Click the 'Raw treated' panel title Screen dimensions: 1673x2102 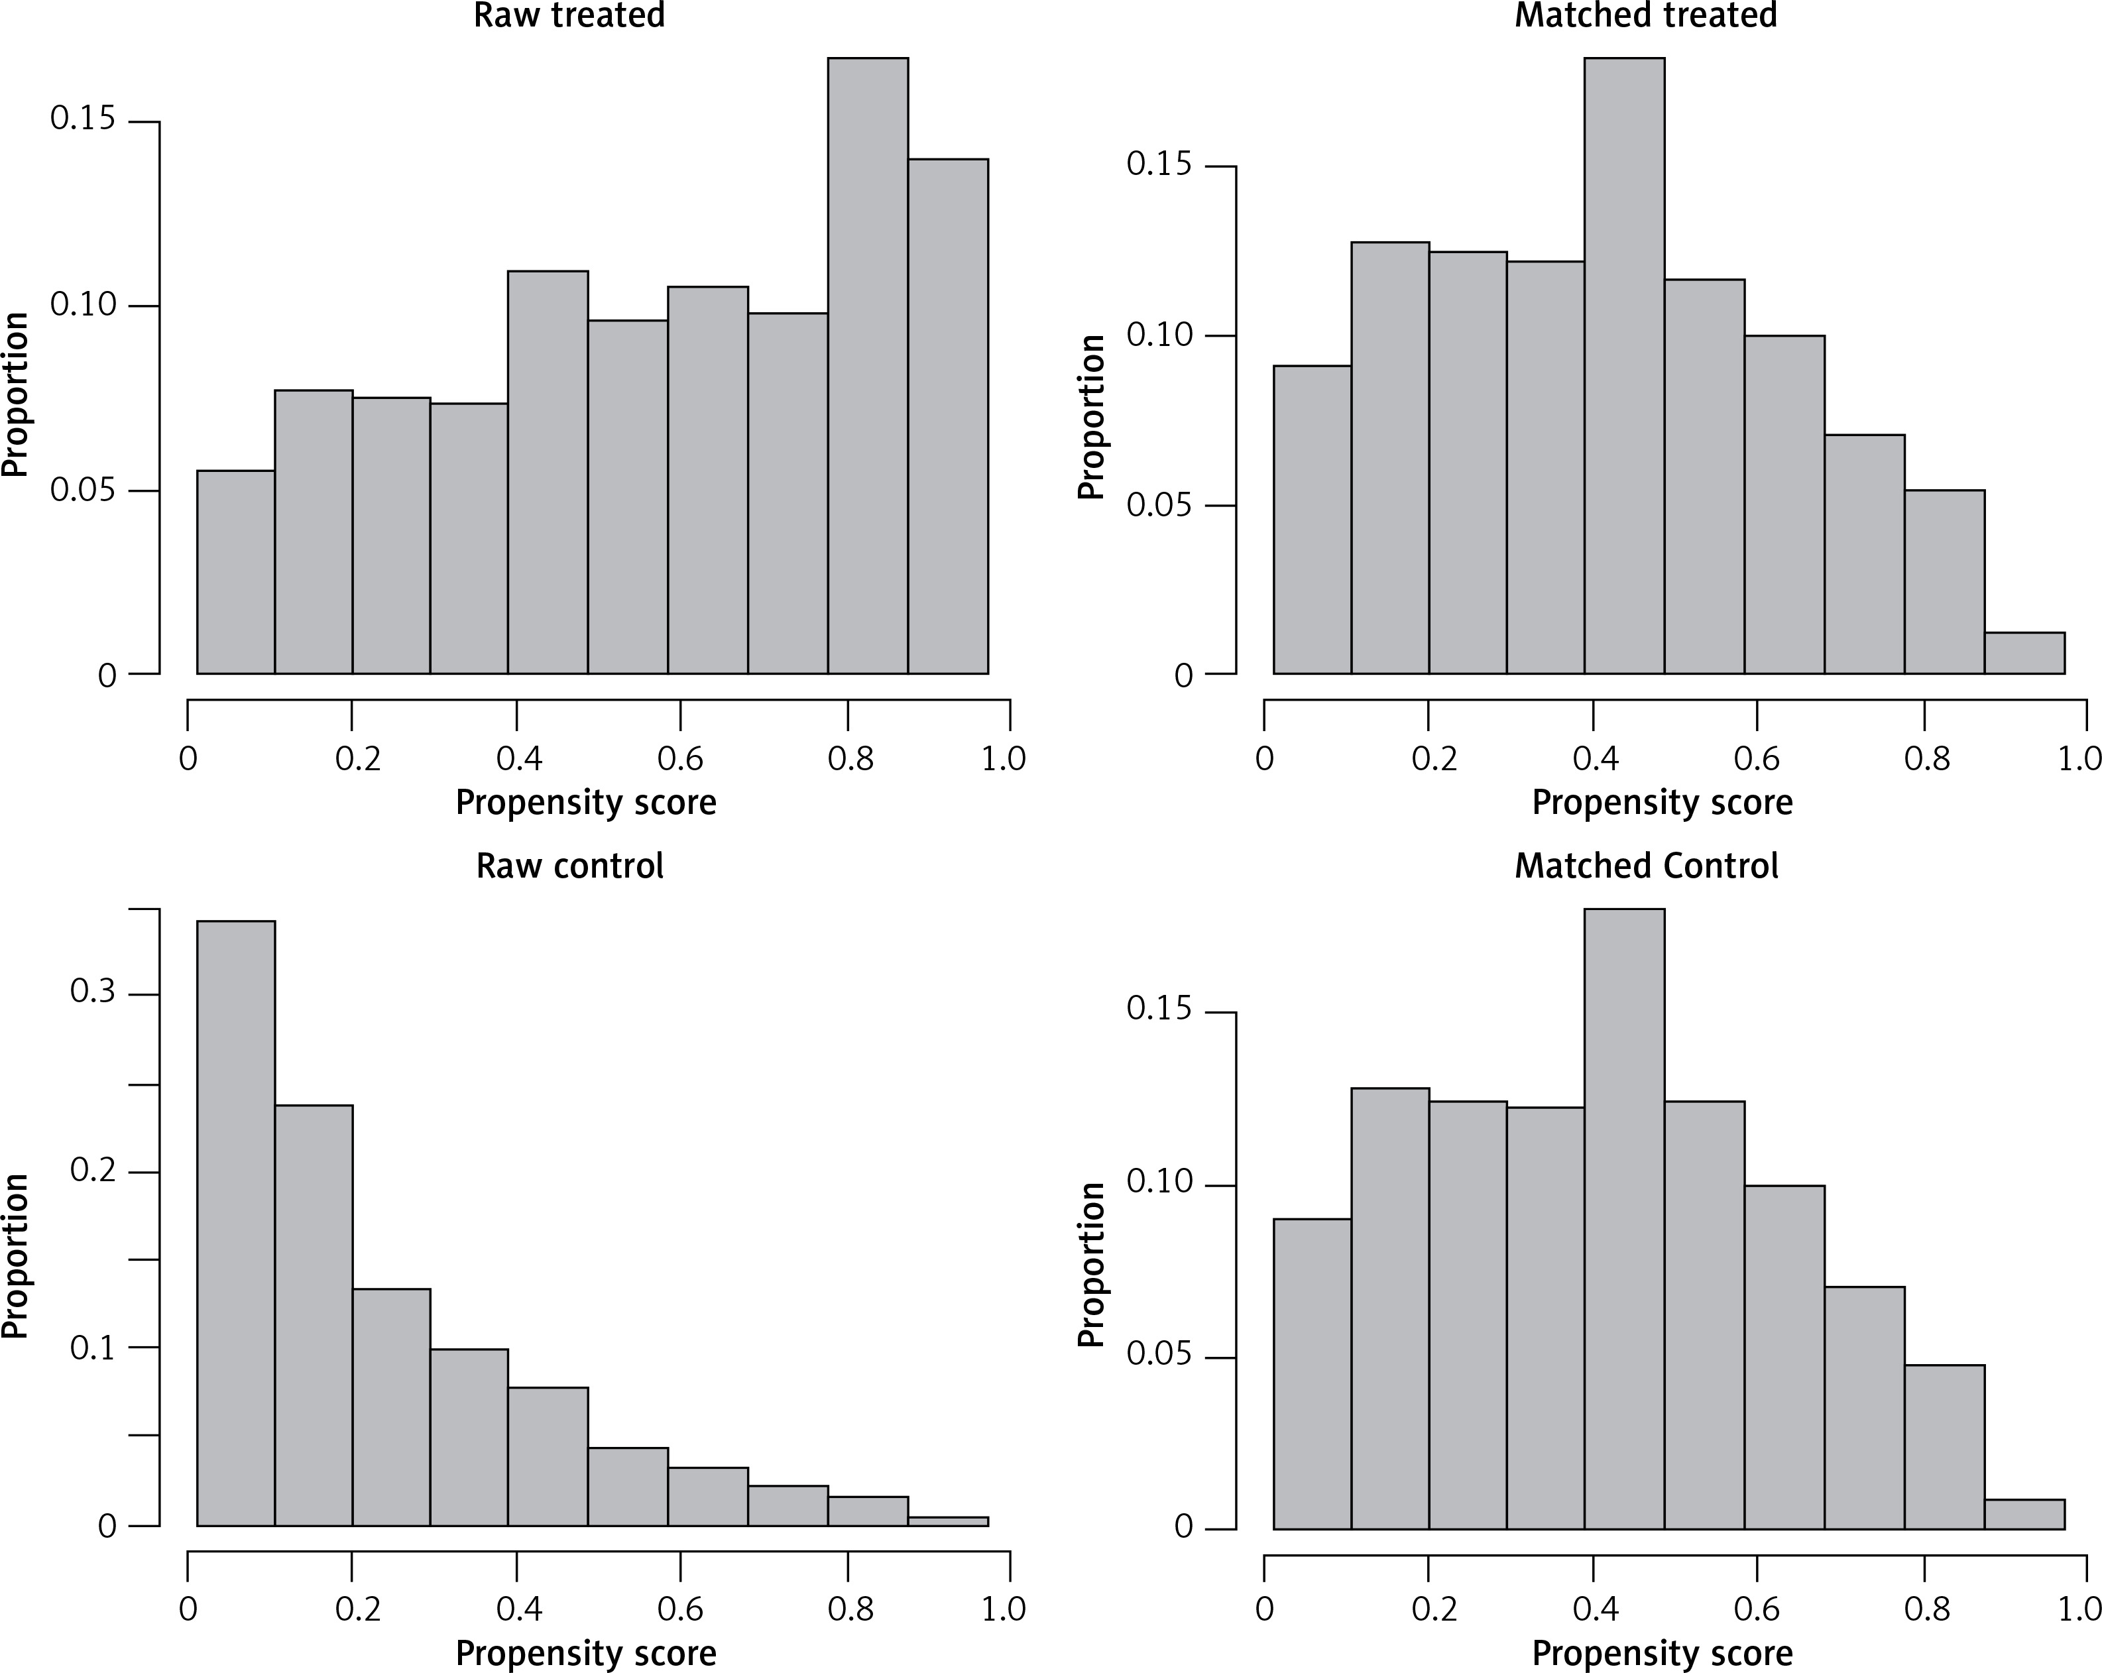click(569, 16)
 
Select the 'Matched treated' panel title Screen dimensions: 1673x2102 click(1646, 16)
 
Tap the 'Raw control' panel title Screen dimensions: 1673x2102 click(569, 866)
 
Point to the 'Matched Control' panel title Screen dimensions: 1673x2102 click(1646, 866)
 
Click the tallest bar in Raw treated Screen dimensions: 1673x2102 click(868, 366)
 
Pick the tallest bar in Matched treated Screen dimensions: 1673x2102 click(1624, 366)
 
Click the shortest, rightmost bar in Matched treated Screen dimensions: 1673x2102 click(2024, 653)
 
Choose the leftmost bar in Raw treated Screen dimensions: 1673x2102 click(236, 572)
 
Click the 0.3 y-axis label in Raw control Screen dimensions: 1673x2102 click(93, 992)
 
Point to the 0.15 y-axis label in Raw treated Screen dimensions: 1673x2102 click(83, 119)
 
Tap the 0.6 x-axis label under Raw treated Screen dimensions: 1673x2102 click(679, 758)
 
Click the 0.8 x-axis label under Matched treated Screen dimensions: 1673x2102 click(1926, 758)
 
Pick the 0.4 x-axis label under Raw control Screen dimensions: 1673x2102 click(518, 1609)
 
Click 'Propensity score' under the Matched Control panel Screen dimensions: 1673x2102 click(1663, 1654)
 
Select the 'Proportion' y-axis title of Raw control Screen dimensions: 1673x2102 click(16, 1255)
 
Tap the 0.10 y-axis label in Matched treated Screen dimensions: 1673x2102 click(1159, 335)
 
